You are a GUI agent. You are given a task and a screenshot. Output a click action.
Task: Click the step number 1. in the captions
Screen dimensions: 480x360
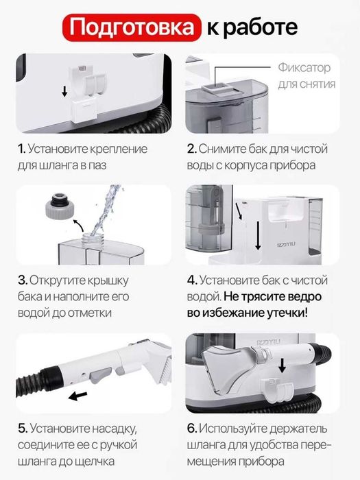[x=22, y=149]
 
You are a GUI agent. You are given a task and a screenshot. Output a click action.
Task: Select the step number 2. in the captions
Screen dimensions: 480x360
[x=192, y=149]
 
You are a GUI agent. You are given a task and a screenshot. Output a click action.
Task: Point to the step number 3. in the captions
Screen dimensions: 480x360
[x=23, y=280]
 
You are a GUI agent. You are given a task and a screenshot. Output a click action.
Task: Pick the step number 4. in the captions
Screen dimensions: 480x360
[x=193, y=280]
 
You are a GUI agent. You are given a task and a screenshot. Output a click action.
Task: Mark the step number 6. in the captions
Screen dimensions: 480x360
[x=193, y=428]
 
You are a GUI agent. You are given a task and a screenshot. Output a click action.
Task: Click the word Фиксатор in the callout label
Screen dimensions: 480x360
[x=304, y=69]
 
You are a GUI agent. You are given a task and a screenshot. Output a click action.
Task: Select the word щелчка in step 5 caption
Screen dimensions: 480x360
[x=131, y=460]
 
